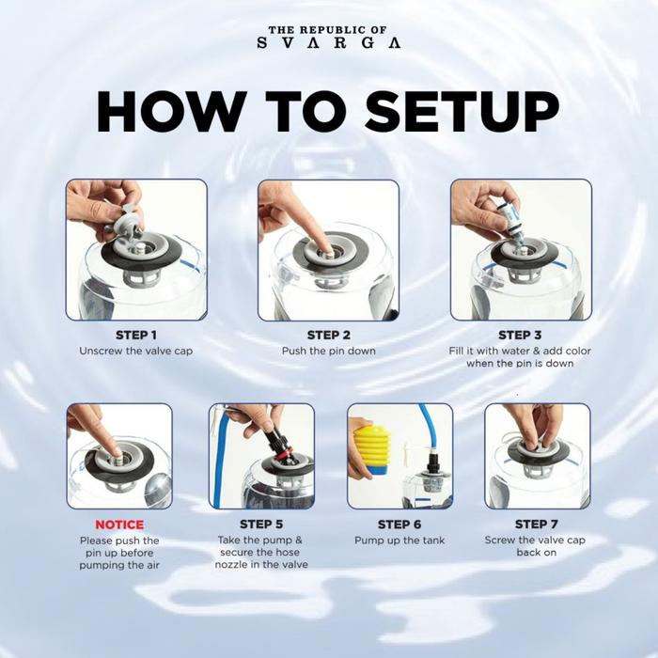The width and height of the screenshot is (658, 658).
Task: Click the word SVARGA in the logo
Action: tap(329, 43)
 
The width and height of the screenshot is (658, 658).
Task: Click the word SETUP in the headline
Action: tap(462, 112)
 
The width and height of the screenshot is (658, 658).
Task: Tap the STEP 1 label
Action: tap(136, 335)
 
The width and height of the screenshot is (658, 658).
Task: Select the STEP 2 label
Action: tap(329, 335)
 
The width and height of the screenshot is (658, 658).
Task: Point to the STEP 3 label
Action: tap(520, 335)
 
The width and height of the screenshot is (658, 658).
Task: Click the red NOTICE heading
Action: tap(119, 525)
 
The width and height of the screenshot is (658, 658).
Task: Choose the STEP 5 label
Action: tap(261, 525)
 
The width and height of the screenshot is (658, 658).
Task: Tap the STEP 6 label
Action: tap(399, 525)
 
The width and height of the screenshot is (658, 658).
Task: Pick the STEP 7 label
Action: tap(537, 525)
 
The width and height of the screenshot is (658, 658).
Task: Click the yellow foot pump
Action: tap(371, 450)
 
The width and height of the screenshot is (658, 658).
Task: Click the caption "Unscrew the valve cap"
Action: tap(136, 351)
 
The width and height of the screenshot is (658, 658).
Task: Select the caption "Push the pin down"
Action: tap(329, 351)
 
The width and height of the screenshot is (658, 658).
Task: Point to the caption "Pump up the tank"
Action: tap(399, 540)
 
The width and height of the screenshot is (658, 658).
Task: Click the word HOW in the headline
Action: tap(172, 112)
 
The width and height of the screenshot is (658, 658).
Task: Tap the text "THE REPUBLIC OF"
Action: tap(328, 30)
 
